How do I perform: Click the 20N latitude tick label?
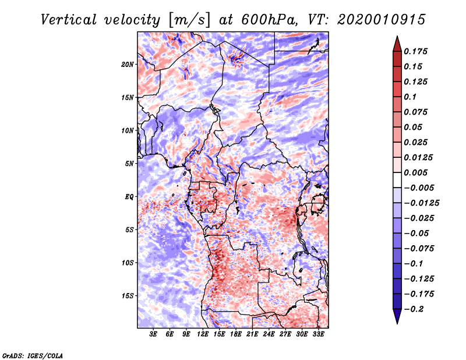pyautogui.click(x=128, y=64)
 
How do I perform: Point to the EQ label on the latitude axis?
pyautogui.click(x=129, y=196)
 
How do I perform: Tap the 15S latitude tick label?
pyautogui.click(x=128, y=295)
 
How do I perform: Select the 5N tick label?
pyautogui.click(x=129, y=163)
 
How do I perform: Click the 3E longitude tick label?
pyautogui.click(x=154, y=334)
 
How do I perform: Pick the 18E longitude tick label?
pyautogui.click(x=236, y=334)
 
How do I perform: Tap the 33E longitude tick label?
pyautogui.click(x=318, y=334)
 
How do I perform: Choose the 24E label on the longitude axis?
pyautogui.click(x=269, y=334)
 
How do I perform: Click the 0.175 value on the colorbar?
pyautogui.click(x=417, y=51)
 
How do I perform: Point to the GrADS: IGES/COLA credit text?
pyautogui.click(x=33, y=355)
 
